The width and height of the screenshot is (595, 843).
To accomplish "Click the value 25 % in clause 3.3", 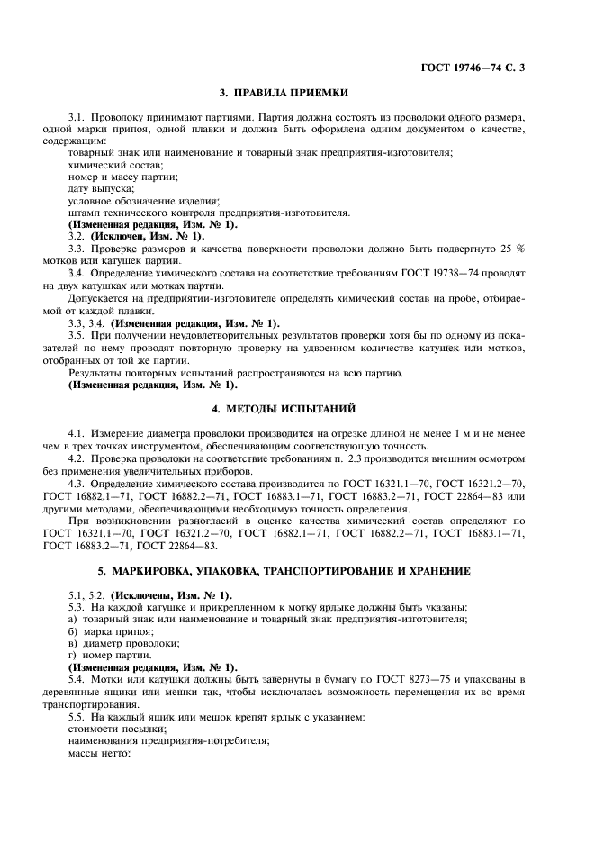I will pyautogui.click(x=514, y=248).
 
